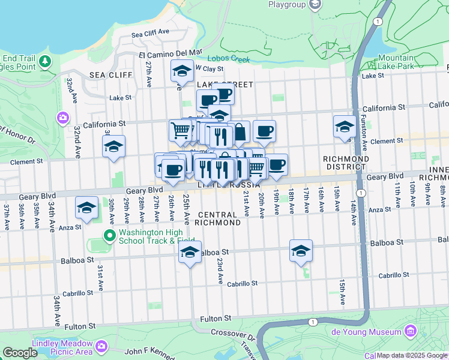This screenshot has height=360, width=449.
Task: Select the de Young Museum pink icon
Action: (x=411, y=331)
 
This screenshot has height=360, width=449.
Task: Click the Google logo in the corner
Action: (x=20, y=353)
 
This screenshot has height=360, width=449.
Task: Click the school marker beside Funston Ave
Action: (x=345, y=126)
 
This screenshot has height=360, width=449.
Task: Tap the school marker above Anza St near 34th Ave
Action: (x=86, y=208)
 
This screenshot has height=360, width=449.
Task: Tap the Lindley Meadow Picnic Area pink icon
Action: (x=101, y=346)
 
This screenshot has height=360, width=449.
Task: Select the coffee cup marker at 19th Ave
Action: (x=276, y=165)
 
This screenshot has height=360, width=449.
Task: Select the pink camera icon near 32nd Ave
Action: (x=63, y=118)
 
